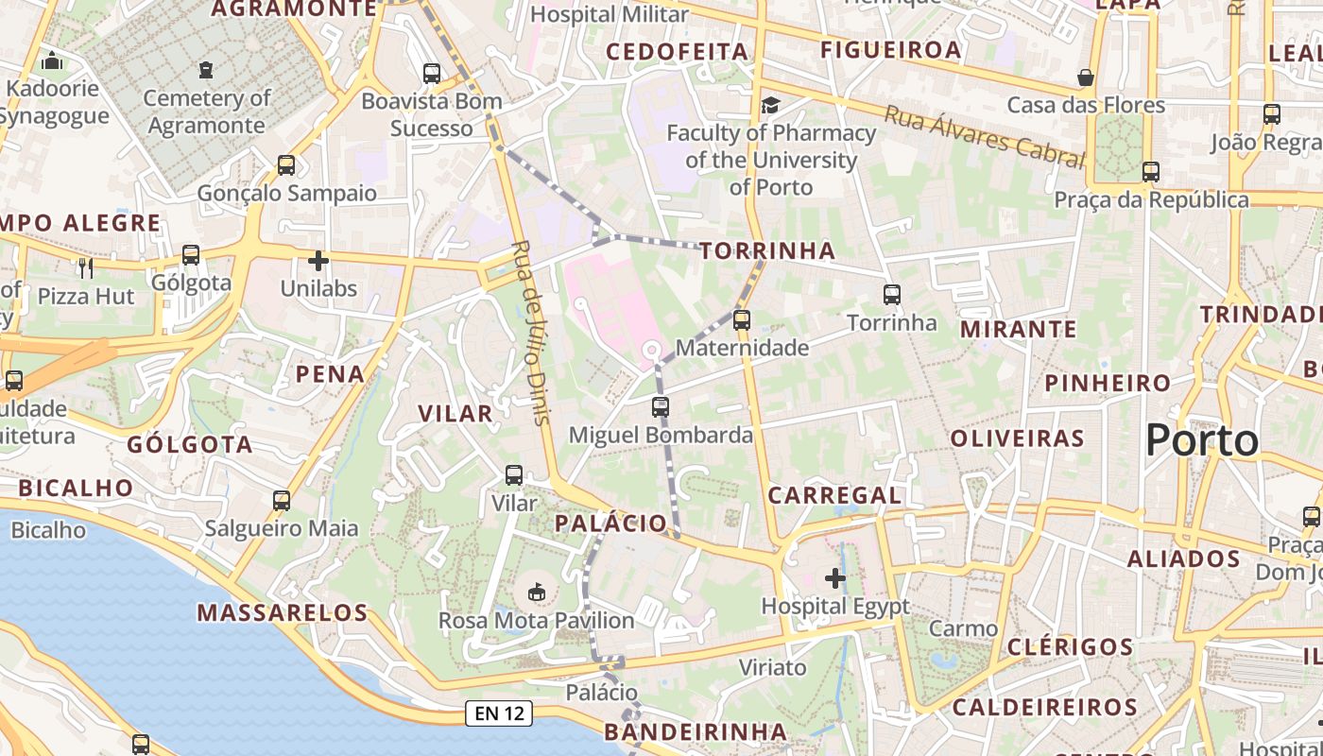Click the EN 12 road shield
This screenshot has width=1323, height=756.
click(x=499, y=713)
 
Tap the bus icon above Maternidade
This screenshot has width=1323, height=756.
click(x=742, y=320)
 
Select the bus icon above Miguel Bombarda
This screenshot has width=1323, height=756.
click(x=661, y=407)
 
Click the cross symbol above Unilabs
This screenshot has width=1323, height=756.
click(x=318, y=260)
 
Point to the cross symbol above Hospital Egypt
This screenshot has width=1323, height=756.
click(x=835, y=577)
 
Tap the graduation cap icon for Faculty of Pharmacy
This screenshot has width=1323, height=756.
click(x=771, y=105)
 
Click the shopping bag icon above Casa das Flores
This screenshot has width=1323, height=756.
click(x=1086, y=77)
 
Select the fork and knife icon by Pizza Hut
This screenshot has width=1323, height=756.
click(x=86, y=268)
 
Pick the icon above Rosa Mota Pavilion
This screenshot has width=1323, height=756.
click(x=537, y=593)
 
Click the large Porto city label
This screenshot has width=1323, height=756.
click(x=1202, y=441)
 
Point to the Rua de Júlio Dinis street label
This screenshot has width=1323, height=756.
click(x=530, y=333)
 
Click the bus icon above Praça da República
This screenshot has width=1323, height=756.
click(x=1150, y=172)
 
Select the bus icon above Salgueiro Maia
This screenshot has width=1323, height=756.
click(x=282, y=500)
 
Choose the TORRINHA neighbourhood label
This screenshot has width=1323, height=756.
click(x=768, y=250)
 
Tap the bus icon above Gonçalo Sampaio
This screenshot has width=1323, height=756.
click(x=286, y=165)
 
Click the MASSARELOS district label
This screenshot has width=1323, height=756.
click(x=282, y=612)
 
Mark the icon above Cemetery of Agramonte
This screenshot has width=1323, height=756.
click(x=206, y=69)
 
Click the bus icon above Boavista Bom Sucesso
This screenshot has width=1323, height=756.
click(x=432, y=73)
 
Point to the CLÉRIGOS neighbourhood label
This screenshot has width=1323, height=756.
click(x=1070, y=647)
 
